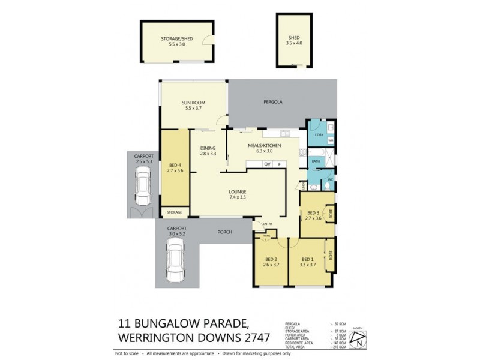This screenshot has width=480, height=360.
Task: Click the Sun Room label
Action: point(193,105)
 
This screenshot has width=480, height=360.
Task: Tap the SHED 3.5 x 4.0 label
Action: point(293,41)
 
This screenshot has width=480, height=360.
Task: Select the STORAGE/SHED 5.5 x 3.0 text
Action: point(173,41)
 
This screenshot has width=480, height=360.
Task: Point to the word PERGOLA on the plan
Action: point(272,103)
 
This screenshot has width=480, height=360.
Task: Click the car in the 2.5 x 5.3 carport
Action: point(144,185)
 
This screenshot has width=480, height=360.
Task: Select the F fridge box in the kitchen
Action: point(279,164)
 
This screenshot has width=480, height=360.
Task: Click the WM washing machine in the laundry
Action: point(330,140)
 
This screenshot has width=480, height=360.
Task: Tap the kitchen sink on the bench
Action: point(283,133)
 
